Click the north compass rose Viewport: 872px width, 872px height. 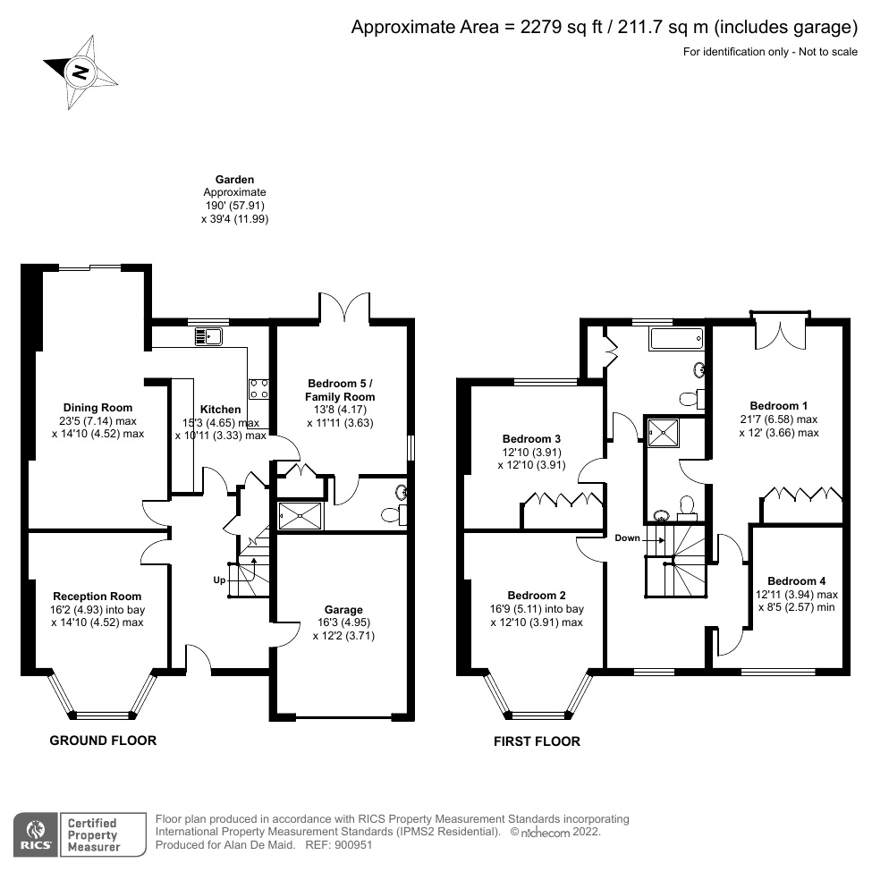[x=80, y=72]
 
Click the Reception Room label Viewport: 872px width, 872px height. [x=97, y=597]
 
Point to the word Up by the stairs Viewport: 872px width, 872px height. [x=219, y=580]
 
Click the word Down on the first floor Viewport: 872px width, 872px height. [x=627, y=538]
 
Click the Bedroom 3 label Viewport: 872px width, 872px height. [x=531, y=439]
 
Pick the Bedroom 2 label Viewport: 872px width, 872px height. [x=537, y=596]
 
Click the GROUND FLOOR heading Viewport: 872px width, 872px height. [x=103, y=741]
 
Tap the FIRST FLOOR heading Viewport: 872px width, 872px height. [x=537, y=741]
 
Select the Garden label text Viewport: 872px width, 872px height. [x=234, y=180]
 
